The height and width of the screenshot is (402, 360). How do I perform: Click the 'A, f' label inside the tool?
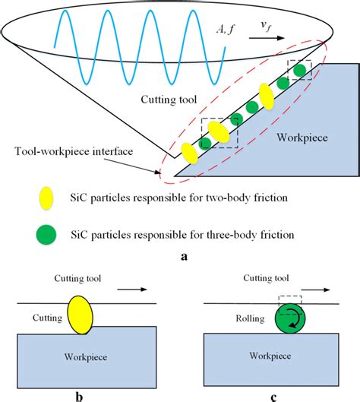(x=226, y=30)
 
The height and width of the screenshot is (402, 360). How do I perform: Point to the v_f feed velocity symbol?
(x=266, y=26)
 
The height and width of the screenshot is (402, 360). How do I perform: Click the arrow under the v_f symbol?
(x=267, y=38)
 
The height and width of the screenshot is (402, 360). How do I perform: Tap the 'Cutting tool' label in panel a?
(x=169, y=100)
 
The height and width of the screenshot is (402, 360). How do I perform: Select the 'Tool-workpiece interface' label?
(x=74, y=151)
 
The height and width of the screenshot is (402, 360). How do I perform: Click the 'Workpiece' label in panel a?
(x=302, y=138)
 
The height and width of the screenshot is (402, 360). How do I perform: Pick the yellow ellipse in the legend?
(x=46, y=198)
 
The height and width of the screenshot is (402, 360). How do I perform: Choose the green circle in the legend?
(x=46, y=234)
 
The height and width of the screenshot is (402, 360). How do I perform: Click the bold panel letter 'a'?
(x=184, y=256)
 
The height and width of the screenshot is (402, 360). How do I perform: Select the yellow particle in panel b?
(x=80, y=315)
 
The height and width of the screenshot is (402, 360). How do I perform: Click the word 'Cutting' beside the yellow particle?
(x=47, y=318)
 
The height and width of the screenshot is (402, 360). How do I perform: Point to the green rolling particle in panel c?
(x=290, y=318)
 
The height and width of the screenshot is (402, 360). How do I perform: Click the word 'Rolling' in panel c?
(x=250, y=318)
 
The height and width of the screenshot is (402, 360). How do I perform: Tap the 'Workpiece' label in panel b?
(x=86, y=357)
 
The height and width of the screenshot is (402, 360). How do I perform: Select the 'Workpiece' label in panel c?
(x=270, y=356)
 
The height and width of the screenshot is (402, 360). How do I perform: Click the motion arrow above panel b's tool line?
(x=132, y=290)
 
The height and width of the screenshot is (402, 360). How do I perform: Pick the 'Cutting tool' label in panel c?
(x=266, y=278)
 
